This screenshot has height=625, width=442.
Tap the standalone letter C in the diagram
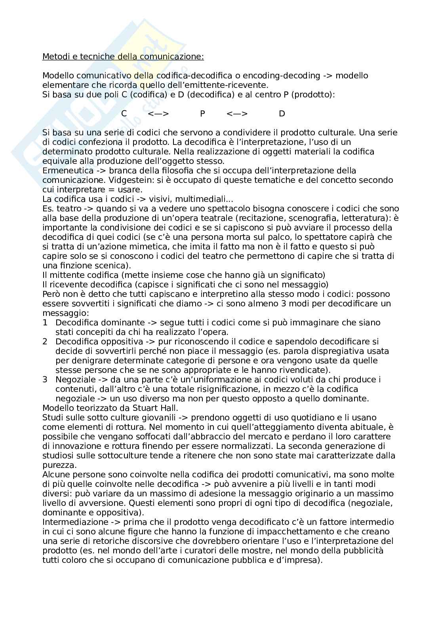click(x=124, y=114)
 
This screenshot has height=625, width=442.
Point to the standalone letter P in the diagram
click(x=202, y=114)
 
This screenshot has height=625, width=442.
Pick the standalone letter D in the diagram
click(x=282, y=114)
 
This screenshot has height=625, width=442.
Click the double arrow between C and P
click(x=158, y=114)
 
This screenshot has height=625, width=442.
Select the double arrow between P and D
click(x=237, y=114)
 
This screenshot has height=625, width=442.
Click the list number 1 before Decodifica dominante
click(x=45, y=323)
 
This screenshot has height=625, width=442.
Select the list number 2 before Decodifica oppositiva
click(x=45, y=342)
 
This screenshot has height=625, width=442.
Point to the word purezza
click(x=59, y=465)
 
